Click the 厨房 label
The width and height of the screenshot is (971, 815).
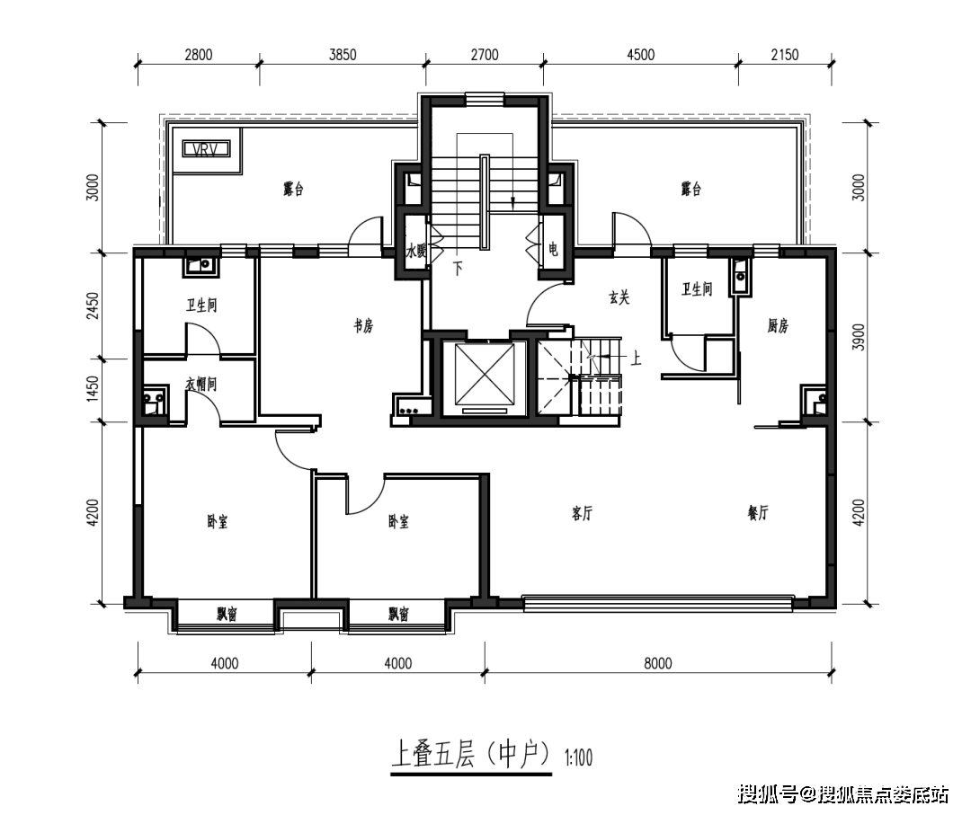(x=778, y=327)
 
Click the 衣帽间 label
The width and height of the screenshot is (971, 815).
(x=201, y=384)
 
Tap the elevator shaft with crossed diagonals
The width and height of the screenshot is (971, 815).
(x=481, y=377)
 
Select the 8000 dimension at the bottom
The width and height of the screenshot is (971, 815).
(x=658, y=664)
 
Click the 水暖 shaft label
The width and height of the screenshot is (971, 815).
(x=414, y=252)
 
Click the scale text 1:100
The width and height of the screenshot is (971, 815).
(x=578, y=758)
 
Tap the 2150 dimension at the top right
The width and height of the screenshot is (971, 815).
(x=783, y=55)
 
